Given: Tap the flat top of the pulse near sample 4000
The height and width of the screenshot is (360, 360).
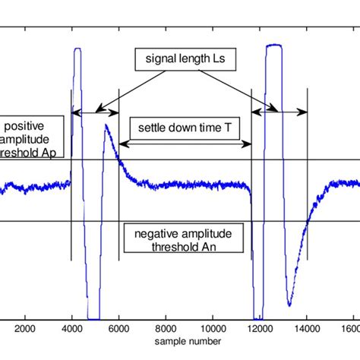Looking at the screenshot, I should click(77, 50).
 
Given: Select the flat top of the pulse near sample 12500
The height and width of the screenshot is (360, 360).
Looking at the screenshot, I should click(273, 46).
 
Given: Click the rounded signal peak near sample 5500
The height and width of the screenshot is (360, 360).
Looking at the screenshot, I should click(106, 126).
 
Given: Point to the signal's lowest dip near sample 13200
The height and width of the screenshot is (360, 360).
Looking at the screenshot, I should click(289, 304).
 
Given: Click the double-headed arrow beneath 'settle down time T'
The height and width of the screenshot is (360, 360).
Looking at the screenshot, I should click(185, 144).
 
